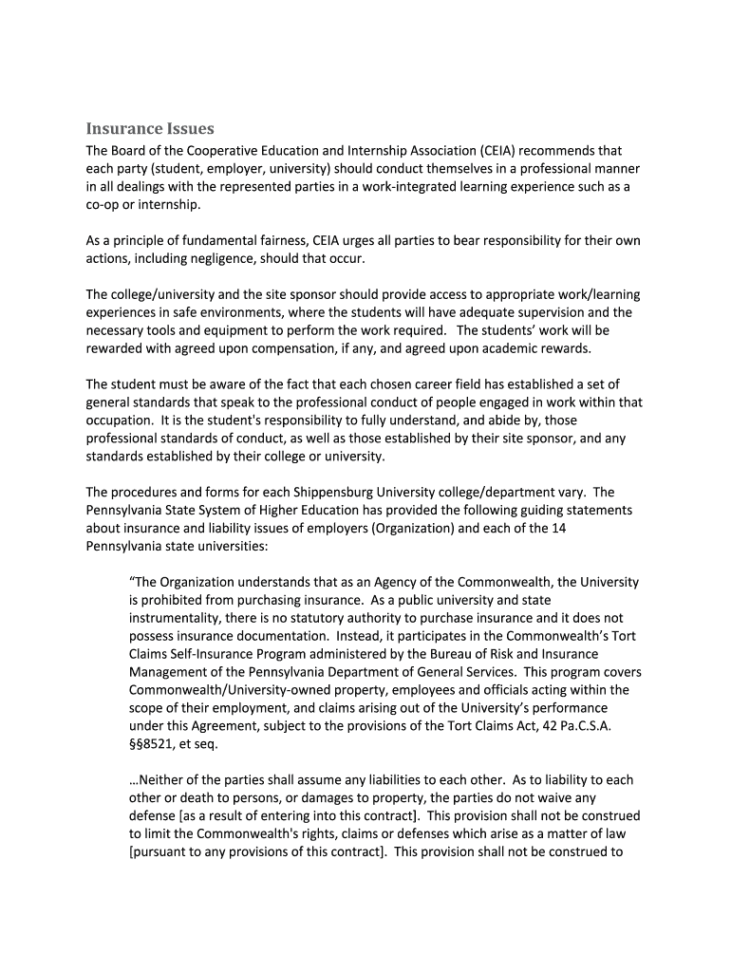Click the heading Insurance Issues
point(150,128)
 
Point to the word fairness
point(290,240)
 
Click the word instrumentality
point(173,618)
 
